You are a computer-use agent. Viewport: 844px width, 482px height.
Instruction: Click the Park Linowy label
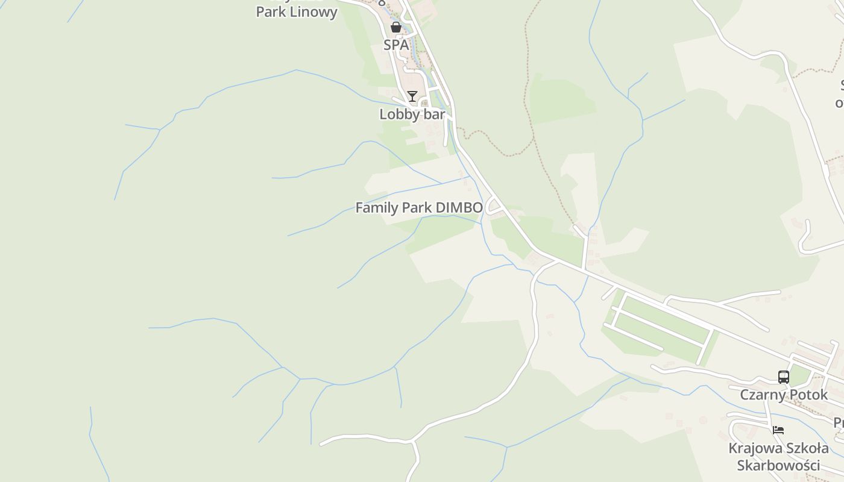tap(297, 12)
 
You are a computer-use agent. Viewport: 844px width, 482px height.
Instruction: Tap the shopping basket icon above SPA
tap(396, 27)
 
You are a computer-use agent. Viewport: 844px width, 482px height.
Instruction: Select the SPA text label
tap(396, 45)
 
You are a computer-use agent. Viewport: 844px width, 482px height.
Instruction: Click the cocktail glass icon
tap(412, 96)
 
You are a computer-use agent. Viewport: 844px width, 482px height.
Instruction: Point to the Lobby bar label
tap(412, 114)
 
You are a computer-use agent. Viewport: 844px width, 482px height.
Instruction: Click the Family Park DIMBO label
tap(419, 208)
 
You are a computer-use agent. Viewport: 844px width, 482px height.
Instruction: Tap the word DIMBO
tap(459, 208)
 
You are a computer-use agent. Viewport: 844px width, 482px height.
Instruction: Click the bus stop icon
tap(784, 377)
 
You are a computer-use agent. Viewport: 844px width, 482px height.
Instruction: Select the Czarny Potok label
tap(784, 395)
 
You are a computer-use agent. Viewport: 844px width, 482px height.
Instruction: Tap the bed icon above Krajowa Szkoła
tap(778, 430)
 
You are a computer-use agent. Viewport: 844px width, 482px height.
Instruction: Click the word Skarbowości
tap(778, 465)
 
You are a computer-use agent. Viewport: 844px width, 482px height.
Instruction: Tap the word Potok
tap(808, 395)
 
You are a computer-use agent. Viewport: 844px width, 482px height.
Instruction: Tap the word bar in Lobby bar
tap(435, 114)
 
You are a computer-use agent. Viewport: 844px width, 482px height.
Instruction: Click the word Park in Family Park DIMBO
tap(417, 208)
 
